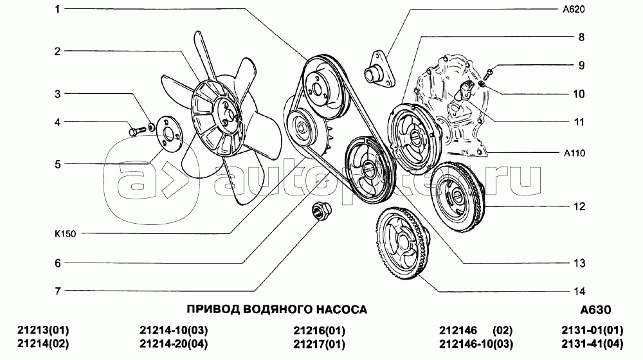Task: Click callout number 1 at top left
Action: (x=57, y=9)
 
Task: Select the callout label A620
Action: (x=574, y=9)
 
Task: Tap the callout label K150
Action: (x=65, y=234)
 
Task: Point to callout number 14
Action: (x=579, y=291)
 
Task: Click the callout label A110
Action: (x=574, y=154)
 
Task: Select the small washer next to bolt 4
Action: (x=152, y=125)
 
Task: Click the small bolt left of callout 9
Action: (x=487, y=74)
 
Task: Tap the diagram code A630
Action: (x=595, y=310)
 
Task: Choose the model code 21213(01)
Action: (x=43, y=330)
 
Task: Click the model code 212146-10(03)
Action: (x=476, y=344)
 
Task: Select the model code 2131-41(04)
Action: (x=592, y=344)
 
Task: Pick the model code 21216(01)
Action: (x=319, y=330)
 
